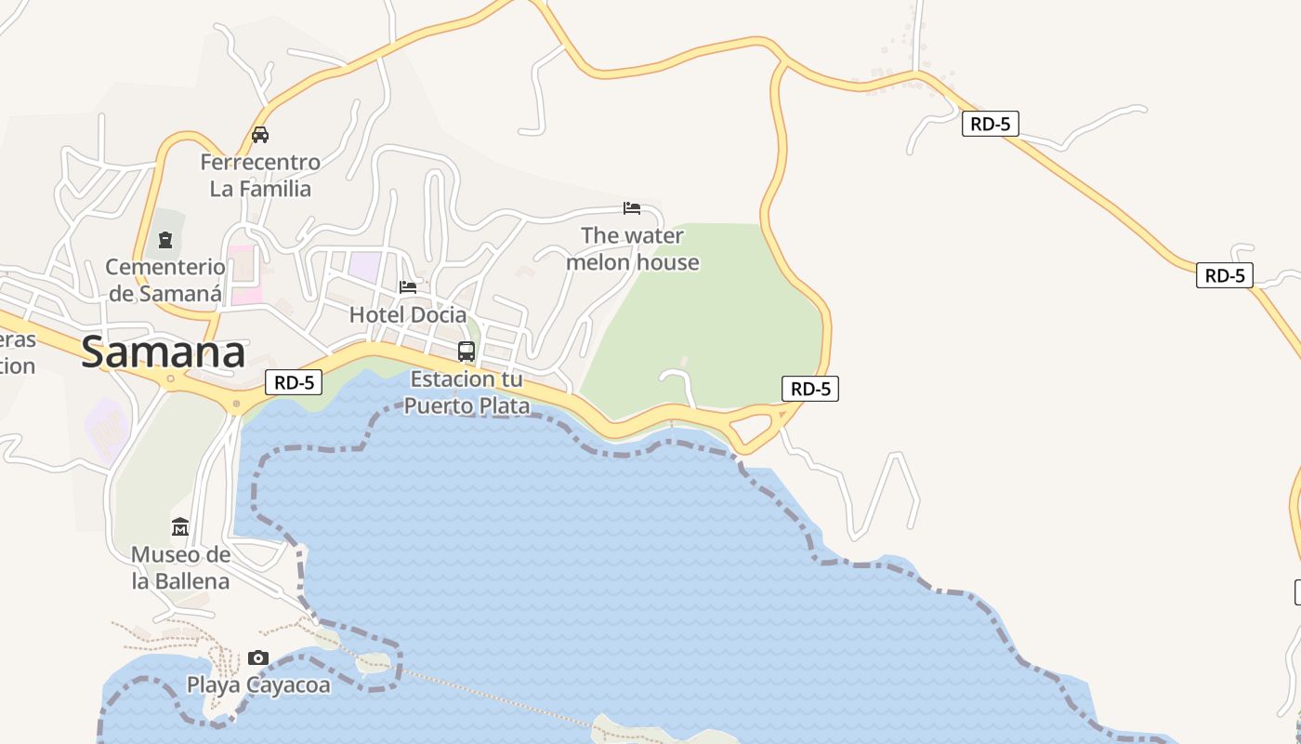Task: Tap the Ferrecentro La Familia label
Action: pyautogui.click(x=260, y=176)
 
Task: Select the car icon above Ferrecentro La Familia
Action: pyautogui.click(x=260, y=135)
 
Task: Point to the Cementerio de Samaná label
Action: pyautogui.click(x=165, y=281)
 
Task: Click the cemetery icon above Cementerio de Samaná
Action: pyautogui.click(x=165, y=240)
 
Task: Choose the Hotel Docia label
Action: pyautogui.click(x=408, y=315)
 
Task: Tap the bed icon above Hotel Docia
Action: pyautogui.click(x=408, y=286)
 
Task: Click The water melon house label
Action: pyautogui.click(x=633, y=249)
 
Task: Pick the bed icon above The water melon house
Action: pyautogui.click(x=632, y=207)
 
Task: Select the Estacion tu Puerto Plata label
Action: pyautogui.click(x=467, y=392)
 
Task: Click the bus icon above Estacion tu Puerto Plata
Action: pyautogui.click(x=467, y=352)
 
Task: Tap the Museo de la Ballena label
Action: pyautogui.click(x=180, y=568)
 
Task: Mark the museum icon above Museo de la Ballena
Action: pyautogui.click(x=180, y=527)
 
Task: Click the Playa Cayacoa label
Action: pyautogui.click(x=258, y=685)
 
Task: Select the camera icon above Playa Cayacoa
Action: pyautogui.click(x=258, y=658)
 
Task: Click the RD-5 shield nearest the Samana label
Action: pyautogui.click(x=294, y=382)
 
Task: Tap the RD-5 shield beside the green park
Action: pyautogui.click(x=810, y=389)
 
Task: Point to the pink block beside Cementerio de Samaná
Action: pyautogui.click(x=245, y=275)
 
